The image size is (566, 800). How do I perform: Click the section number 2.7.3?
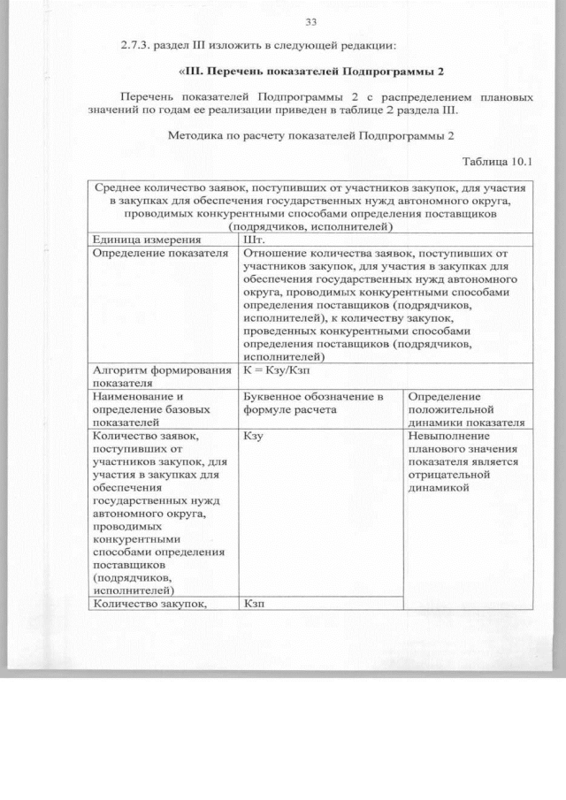point(140,44)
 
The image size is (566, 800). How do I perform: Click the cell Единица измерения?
point(139,239)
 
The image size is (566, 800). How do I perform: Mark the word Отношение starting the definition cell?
point(272,254)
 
